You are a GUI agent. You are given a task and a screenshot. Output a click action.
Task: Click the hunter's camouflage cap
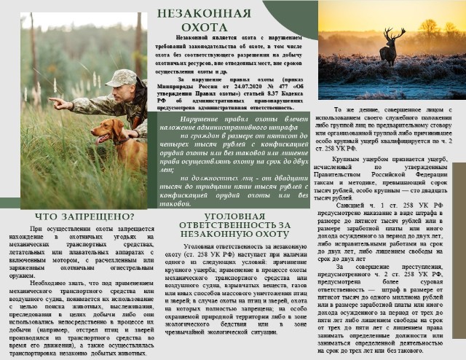point(125,75)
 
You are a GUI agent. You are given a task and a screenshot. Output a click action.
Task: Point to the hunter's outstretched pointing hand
point(55,103)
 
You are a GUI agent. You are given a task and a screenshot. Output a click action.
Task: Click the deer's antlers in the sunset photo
point(394,34)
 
